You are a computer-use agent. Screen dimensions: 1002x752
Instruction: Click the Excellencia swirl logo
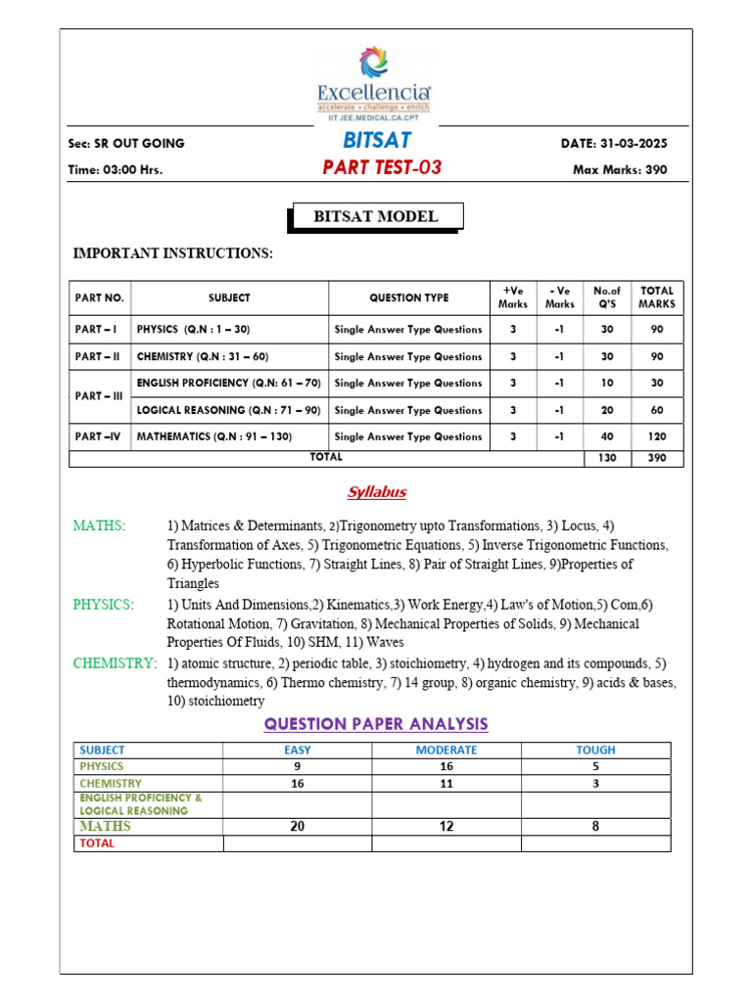[x=373, y=62]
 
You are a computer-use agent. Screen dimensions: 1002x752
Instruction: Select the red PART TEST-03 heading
[x=382, y=167]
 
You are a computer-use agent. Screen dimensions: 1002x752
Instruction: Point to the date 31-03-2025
[x=614, y=144]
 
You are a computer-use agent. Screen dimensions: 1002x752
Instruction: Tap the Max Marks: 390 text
[x=620, y=169]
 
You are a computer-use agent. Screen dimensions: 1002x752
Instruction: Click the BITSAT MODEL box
[x=376, y=217]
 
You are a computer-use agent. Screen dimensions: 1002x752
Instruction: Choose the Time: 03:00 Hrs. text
[x=116, y=169]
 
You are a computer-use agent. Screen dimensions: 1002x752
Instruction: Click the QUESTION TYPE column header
[x=408, y=297]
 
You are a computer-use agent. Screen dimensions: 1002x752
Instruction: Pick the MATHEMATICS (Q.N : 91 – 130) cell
[x=214, y=436]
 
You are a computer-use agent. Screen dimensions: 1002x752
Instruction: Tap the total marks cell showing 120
[x=657, y=436]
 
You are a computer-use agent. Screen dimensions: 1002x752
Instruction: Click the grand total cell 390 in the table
[x=657, y=458]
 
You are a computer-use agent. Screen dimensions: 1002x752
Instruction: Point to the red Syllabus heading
[x=377, y=492]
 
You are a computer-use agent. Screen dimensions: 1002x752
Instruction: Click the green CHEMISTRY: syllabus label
[x=115, y=663]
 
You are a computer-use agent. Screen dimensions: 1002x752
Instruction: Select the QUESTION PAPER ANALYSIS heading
[x=376, y=724]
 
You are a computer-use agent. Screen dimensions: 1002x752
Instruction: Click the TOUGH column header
[x=595, y=750]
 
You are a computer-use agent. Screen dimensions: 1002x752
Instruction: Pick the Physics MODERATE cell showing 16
[x=446, y=766]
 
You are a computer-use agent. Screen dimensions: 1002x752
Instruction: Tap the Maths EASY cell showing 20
[x=298, y=827]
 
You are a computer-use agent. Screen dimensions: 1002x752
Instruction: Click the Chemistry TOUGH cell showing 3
[x=595, y=783]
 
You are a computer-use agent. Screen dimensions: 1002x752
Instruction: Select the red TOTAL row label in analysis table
[x=97, y=843]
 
